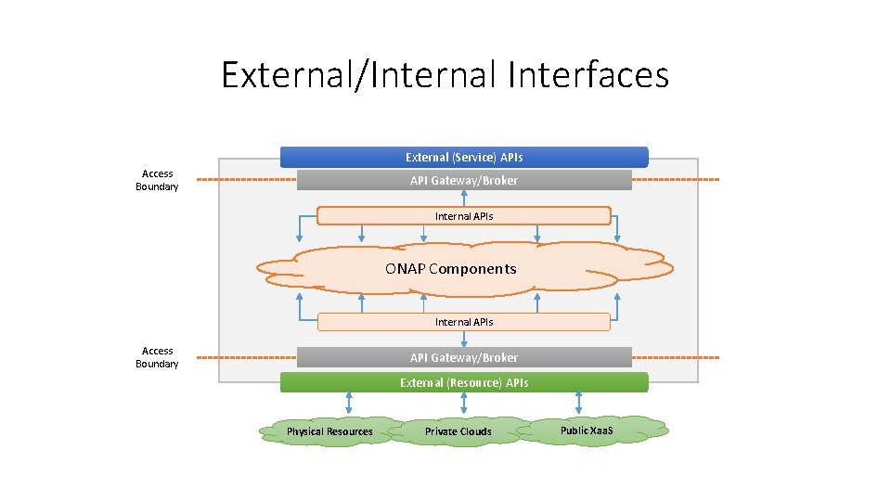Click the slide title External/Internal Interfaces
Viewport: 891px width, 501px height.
point(445,74)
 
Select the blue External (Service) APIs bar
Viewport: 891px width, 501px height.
point(464,157)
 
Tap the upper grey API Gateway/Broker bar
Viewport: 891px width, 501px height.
point(464,180)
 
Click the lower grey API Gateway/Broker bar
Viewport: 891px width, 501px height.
point(464,357)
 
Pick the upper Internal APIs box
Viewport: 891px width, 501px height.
point(464,216)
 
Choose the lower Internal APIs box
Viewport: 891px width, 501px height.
point(464,322)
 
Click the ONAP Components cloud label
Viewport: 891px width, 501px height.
point(451,269)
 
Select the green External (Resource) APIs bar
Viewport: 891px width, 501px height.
point(464,382)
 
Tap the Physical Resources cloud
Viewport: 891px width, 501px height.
point(329,431)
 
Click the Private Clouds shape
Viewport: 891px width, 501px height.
point(458,431)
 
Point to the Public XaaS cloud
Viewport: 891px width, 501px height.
point(587,430)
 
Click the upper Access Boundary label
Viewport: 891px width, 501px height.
point(157,180)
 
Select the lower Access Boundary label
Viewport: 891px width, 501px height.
point(157,357)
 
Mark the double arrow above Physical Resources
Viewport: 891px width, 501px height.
point(349,403)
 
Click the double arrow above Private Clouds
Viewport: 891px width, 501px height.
point(464,403)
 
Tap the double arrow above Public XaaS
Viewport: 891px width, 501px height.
point(579,403)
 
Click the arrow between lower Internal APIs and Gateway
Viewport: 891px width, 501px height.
point(464,340)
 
